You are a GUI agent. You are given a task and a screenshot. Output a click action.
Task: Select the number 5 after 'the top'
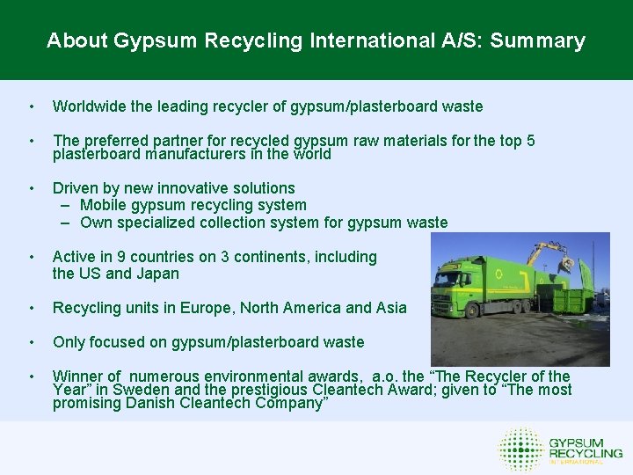tap(530, 141)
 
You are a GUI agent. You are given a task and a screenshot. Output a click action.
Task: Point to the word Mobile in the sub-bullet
tap(104, 205)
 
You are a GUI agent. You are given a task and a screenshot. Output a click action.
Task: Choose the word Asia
tap(390, 308)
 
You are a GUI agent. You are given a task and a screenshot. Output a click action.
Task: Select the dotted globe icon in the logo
tap(520, 449)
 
